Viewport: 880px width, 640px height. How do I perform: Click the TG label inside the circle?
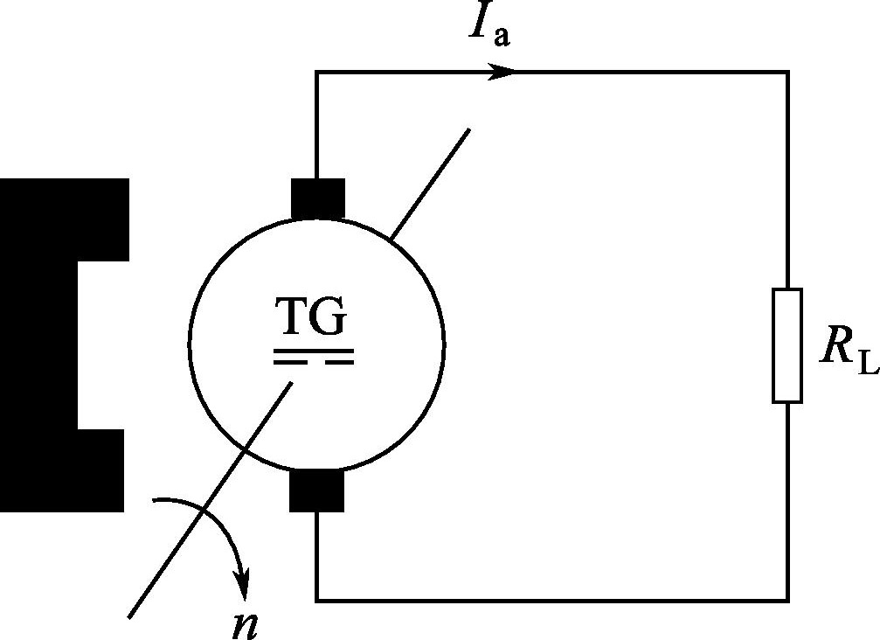tap(311, 317)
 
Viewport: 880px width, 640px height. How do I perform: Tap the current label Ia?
tap(490, 24)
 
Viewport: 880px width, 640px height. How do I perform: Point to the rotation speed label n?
tap(246, 625)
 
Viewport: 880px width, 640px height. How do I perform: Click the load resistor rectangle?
tap(787, 345)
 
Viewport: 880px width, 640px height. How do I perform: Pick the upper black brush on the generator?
tap(317, 198)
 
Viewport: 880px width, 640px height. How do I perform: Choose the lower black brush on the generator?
tap(316, 490)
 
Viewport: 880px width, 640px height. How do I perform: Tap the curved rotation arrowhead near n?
tap(243, 584)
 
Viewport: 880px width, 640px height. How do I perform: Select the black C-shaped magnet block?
tap(39, 345)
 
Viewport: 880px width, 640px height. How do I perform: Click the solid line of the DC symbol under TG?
tap(314, 351)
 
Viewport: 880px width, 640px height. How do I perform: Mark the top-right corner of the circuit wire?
tap(788, 72)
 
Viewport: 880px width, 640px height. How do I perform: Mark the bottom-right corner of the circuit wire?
tap(788, 602)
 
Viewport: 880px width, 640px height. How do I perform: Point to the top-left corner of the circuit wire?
tap(317, 72)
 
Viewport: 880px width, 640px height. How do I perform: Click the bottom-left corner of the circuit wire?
tap(317, 602)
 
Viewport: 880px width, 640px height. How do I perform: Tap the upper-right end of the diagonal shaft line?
tap(468, 129)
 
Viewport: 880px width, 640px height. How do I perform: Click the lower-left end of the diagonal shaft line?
tap(129, 618)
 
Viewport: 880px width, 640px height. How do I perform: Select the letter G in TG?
tap(329, 317)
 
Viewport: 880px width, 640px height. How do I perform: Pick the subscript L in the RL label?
tap(869, 363)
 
